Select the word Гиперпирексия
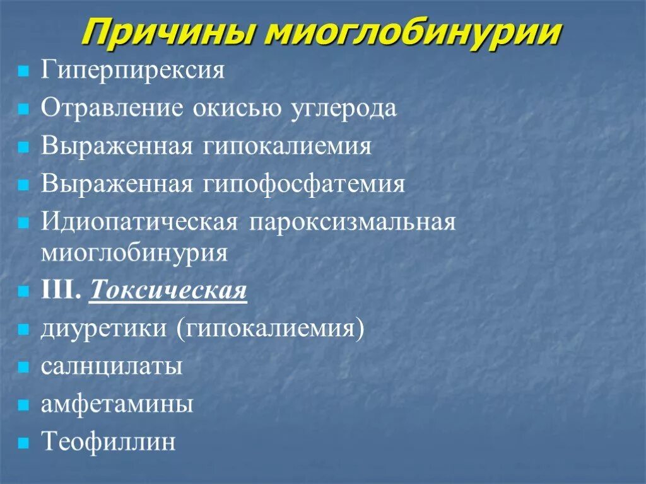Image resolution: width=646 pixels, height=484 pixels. (133, 70)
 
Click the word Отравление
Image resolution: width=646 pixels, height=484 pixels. (109, 108)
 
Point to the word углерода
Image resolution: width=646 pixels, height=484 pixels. (344, 108)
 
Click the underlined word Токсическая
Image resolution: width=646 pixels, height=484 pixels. (168, 291)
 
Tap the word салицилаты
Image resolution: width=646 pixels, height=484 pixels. (112, 367)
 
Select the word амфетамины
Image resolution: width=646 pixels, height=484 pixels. (117, 404)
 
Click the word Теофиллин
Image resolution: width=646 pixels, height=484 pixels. (108, 442)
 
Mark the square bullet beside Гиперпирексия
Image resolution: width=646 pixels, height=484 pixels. (23, 71)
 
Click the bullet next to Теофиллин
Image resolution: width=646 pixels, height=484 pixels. (23, 442)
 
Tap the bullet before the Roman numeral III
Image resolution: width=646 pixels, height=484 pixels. (23, 292)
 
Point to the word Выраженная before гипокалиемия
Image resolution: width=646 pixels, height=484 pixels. (117, 146)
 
